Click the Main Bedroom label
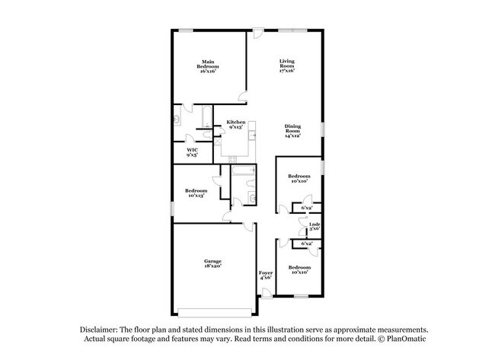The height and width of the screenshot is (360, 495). coord(208,66)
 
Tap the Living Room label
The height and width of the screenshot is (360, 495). coord(286,66)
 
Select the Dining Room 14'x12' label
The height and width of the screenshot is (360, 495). coord(293,131)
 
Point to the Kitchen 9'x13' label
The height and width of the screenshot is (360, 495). coord(235,125)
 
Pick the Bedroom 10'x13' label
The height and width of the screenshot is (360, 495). coord(196,193)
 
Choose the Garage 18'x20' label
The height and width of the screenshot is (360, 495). coord(212,263)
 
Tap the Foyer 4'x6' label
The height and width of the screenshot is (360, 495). coord(265,275)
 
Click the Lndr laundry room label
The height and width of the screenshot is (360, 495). coord(314,226)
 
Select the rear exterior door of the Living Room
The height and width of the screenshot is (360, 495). coord(258,33)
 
